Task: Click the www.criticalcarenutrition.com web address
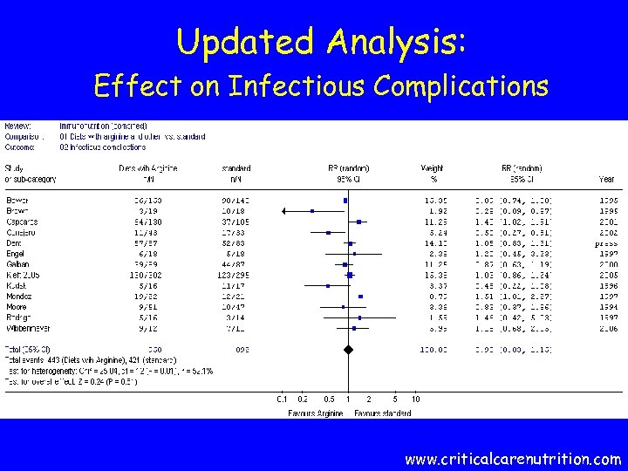click(513, 458)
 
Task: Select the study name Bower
click(17, 201)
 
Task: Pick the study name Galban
click(18, 264)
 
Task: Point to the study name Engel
click(17, 254)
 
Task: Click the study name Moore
click(17, 307)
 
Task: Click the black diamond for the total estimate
click(348, 350)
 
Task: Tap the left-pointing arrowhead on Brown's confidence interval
click(284, 211)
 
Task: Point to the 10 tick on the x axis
click(416, 399)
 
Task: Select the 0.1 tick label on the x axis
click(282, 399)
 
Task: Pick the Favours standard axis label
click(383, 413)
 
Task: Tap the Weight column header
click(433, 168)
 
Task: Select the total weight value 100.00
click(433, 350)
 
